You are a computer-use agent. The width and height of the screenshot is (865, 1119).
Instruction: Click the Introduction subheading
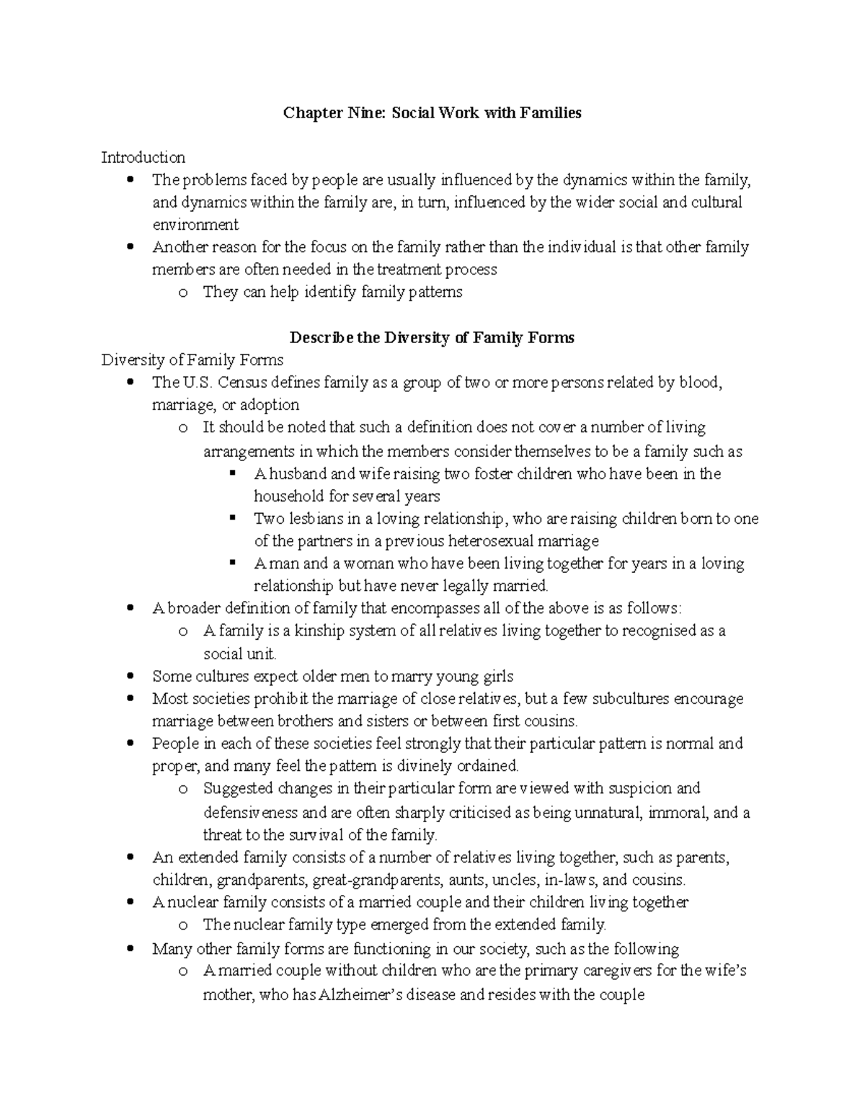click(x=143, y=157)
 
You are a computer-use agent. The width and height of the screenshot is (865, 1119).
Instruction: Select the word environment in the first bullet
click(x=195, y=225)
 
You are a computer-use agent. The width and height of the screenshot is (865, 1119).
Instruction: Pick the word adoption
click(x=272, y=405)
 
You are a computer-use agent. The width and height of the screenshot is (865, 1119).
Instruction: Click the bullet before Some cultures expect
click(x=130, y=677)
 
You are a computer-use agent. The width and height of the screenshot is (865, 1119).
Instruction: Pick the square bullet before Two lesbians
click(x=232, y=518)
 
